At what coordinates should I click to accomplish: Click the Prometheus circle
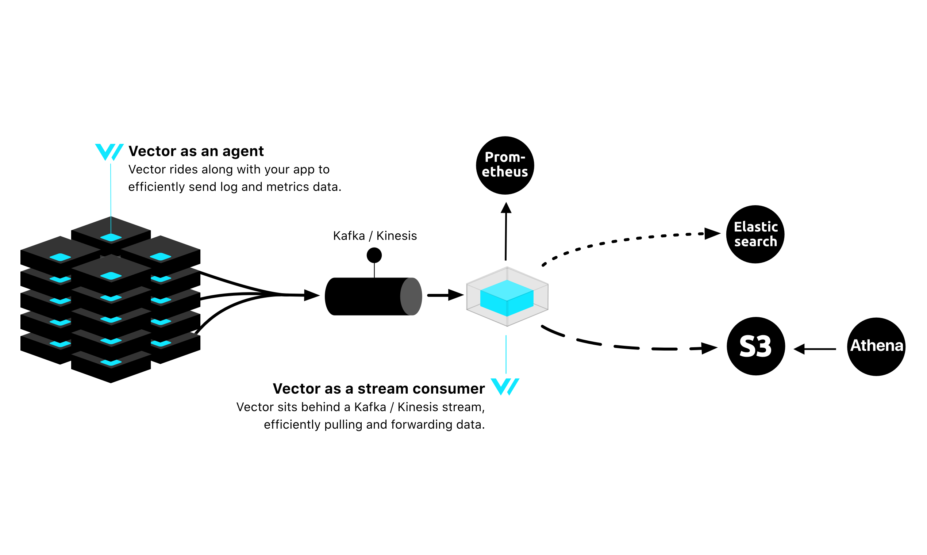505,165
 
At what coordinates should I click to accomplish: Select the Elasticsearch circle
755,234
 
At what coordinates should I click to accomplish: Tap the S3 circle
755,346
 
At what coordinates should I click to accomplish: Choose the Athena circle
876,347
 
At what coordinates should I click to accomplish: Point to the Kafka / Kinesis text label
375,236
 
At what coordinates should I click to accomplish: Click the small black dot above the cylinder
374,256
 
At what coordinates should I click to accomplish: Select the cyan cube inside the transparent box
507,298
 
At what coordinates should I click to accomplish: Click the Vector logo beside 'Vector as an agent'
109,152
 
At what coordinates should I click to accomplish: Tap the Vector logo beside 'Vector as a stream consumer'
505,387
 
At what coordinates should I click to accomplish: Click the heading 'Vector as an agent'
196,151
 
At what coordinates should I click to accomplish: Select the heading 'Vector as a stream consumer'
379,388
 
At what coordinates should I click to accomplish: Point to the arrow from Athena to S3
815,349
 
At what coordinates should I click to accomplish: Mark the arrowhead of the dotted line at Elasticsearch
712,234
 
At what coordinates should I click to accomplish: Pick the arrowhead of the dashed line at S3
709,348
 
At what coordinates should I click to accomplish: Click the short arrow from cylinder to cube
445,295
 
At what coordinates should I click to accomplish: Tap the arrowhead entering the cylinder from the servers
311,295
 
